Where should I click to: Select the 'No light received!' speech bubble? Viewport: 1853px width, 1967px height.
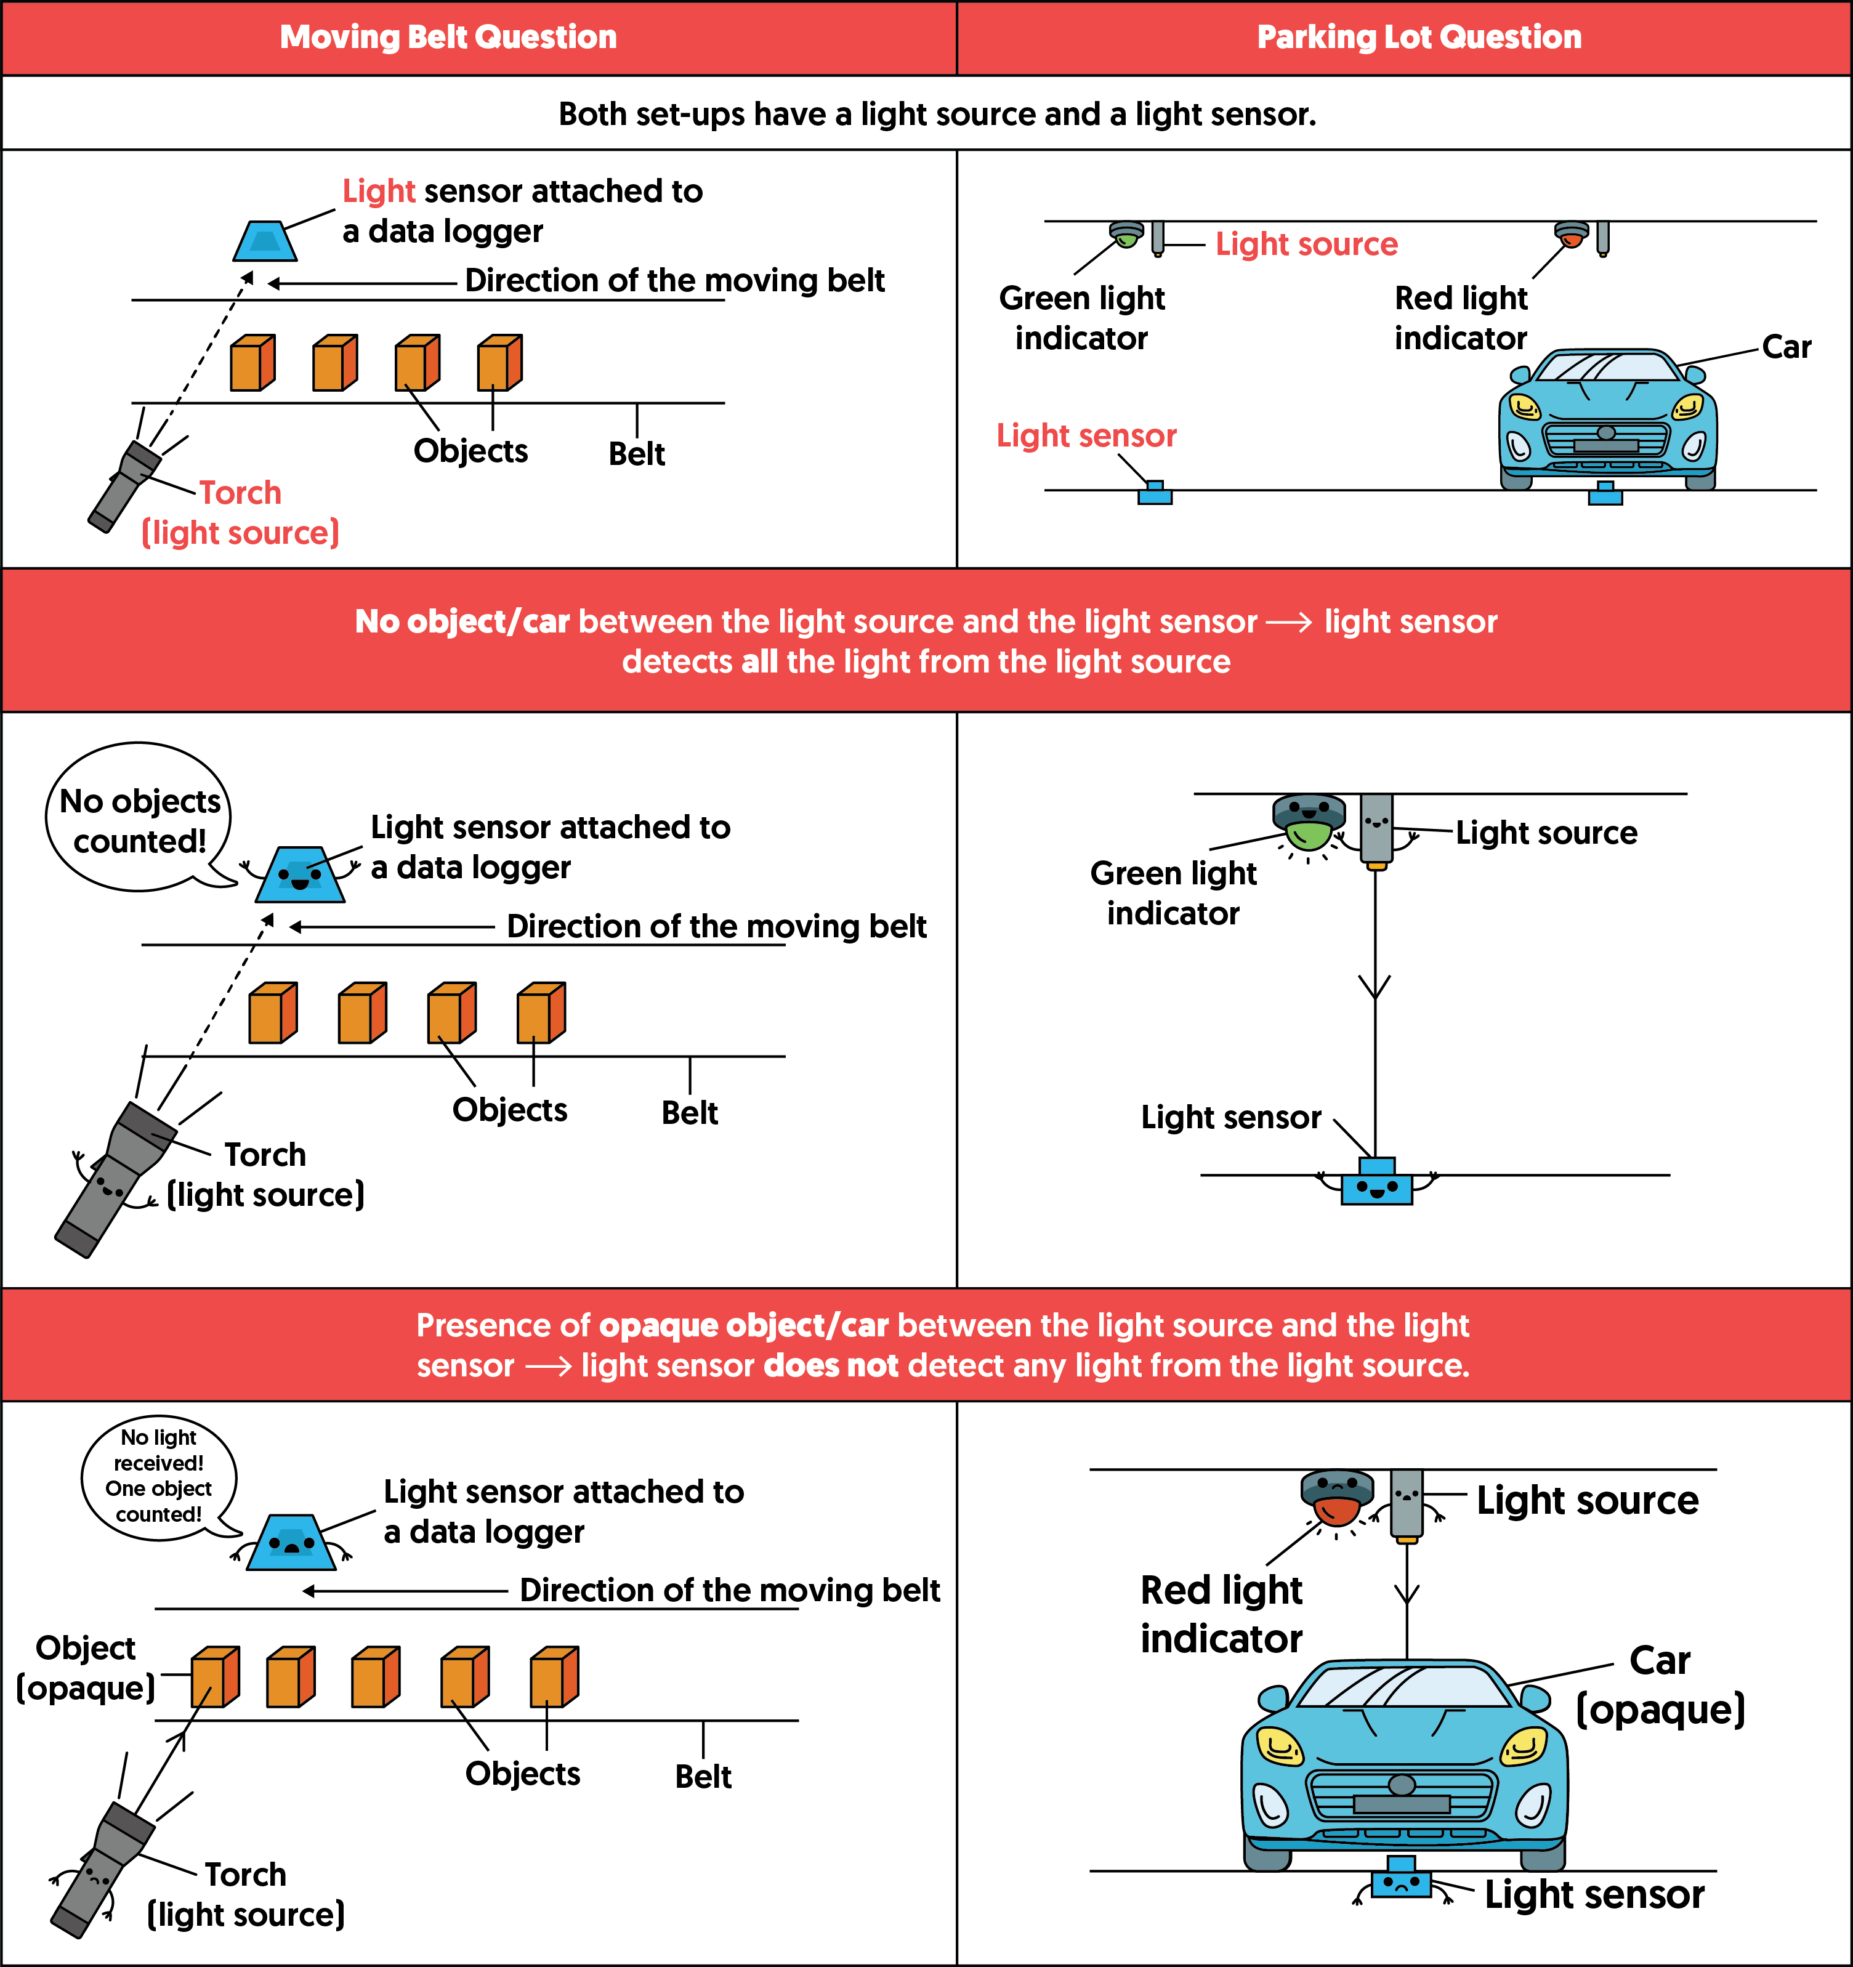coord(158,1476)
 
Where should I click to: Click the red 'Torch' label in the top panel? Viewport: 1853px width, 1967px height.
coord(240,493)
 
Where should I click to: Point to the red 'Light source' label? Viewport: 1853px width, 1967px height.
coord(1306,244)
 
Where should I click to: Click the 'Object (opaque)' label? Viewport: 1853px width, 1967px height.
coord(86,1667)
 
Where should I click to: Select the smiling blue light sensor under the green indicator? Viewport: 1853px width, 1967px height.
coord(1376,1184)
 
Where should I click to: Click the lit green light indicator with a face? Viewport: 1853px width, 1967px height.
coord(1309,822)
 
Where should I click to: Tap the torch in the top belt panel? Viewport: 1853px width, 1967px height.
coord(126,486)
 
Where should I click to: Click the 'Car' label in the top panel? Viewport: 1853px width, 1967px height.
coord(1786,347)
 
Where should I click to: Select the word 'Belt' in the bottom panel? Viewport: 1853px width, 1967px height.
coord(703,1777)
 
